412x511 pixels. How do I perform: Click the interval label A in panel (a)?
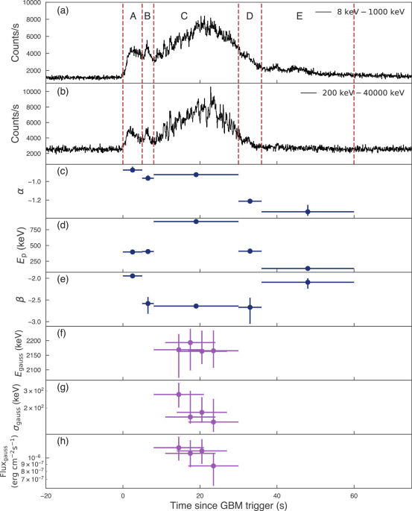tap(133, 16)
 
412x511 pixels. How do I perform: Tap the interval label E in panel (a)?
tap(300, 16)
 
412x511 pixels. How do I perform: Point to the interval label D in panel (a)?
tap(250, 16)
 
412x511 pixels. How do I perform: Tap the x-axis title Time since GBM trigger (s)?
tap(228, 505)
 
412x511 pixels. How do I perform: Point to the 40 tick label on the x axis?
tap(277, 494)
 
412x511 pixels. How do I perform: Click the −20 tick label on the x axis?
tap(45, 494)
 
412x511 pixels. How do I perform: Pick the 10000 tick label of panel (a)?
tap(29, 4)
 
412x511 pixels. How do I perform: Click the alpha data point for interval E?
tap(308, 212)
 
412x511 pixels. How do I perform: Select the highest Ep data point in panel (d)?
tap(196, 222)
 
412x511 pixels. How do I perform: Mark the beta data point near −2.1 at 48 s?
tap(308, 282)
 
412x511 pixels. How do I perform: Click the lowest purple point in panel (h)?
tap(213, 465)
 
